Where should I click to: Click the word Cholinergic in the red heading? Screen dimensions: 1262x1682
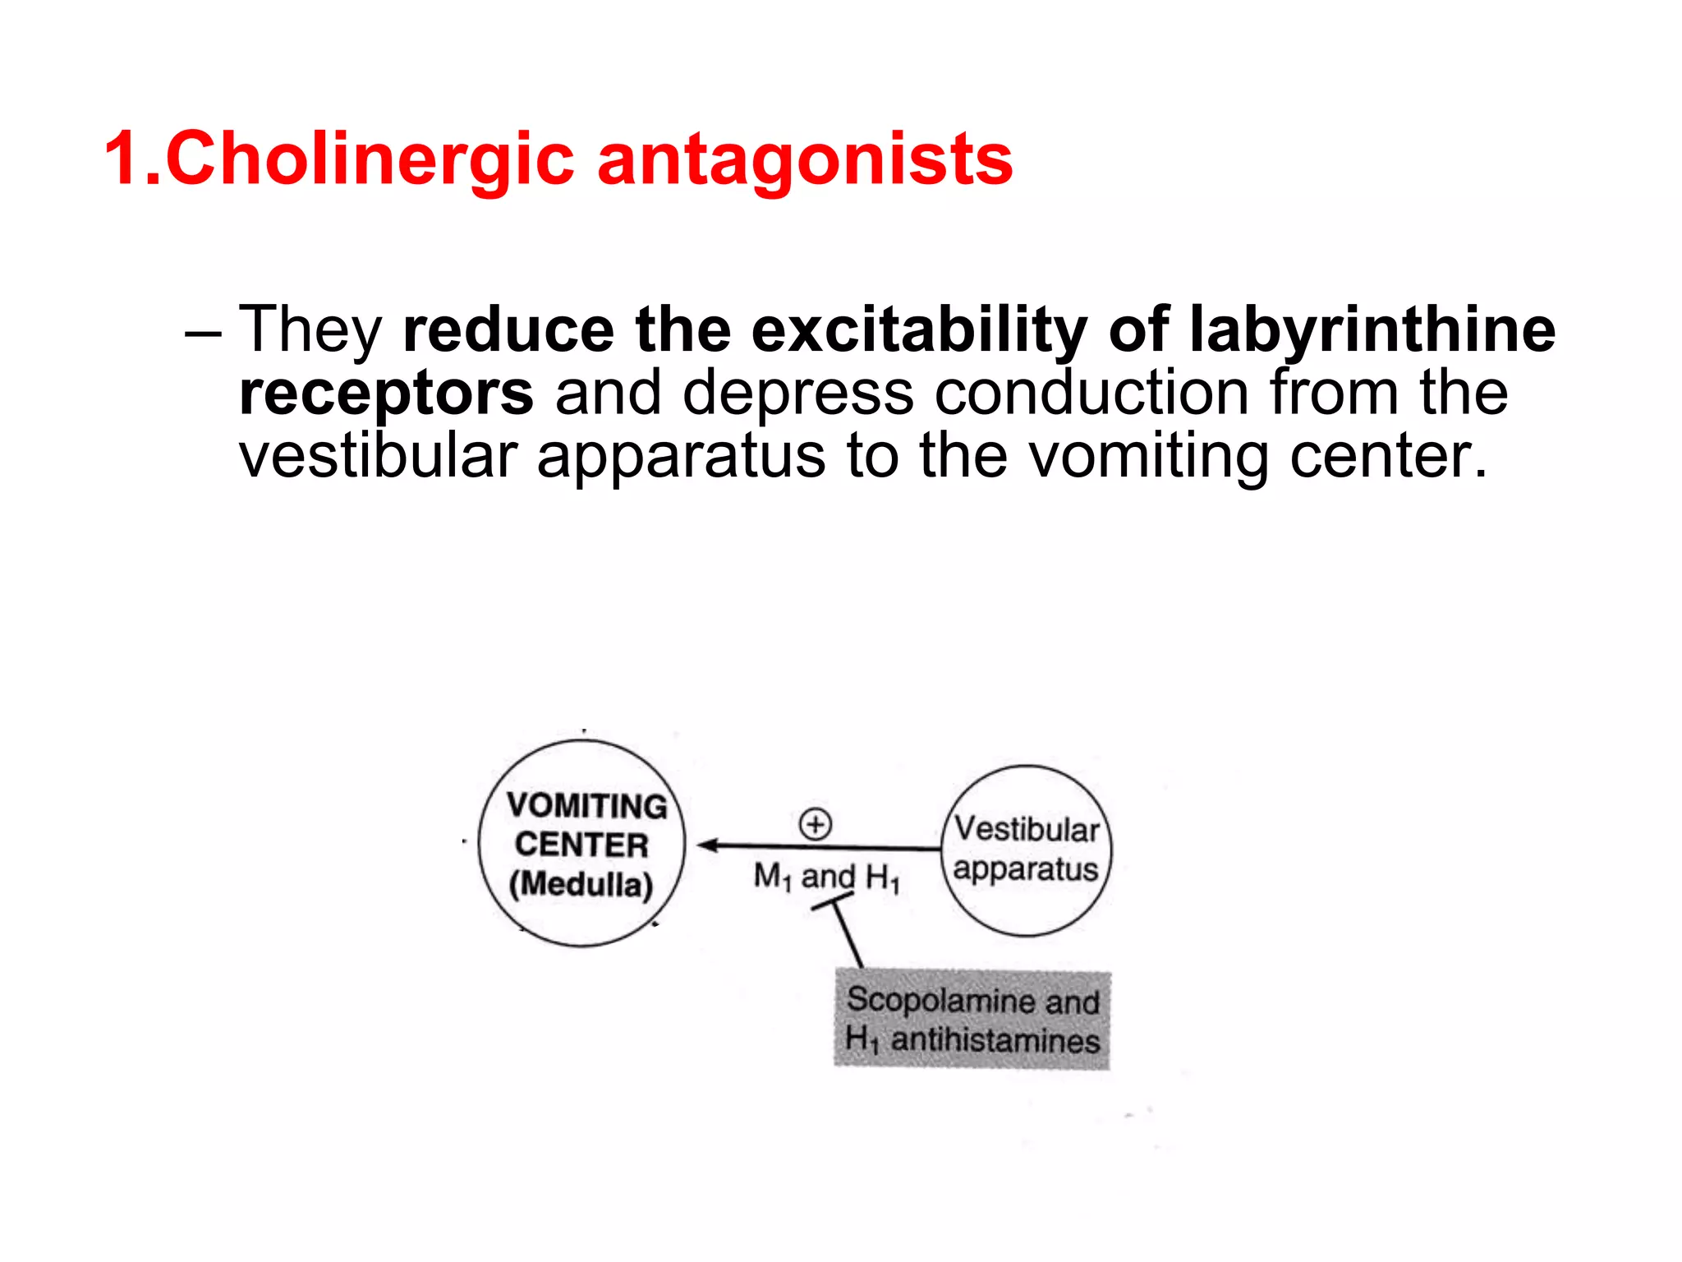click(x=369, y=159)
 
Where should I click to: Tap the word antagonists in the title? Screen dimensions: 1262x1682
click(x=805, y=159)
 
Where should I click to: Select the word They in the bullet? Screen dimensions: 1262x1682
click(x=310, y=329)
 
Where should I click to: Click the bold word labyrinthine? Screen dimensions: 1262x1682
click(x=1372, y=329)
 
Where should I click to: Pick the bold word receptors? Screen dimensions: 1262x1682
click(x=386, y=393)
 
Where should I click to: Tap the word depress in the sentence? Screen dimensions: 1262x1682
click(x=798, y=393)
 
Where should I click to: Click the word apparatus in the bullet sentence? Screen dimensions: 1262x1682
click(x=681, y=456)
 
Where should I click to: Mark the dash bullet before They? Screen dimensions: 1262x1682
click(x=202, y=333)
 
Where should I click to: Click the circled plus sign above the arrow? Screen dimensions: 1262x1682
click(x=816, y=823)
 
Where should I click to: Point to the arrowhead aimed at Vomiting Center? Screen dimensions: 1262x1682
click(x=707, y=845)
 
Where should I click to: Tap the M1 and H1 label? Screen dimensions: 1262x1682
click(x=826, y=877)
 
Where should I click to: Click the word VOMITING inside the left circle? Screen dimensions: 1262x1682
click(x=586, y=805)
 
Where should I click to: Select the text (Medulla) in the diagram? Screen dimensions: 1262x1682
click(x=581, y=884)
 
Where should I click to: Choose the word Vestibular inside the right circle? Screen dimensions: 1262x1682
click(x=1027, y=829)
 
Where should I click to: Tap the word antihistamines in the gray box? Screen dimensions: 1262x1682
click(x=995, y=1040)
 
